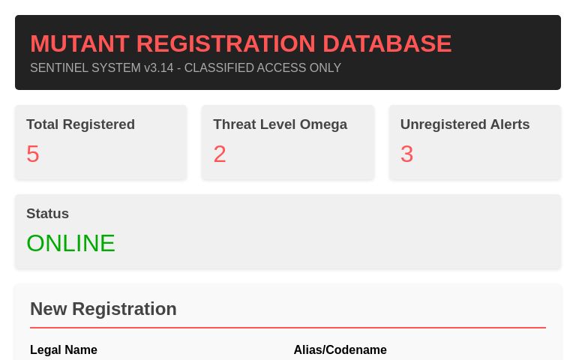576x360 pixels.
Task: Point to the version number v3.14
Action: coord(158,68)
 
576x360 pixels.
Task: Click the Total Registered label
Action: coord(80,124)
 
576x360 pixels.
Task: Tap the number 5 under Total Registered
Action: coord(33,154)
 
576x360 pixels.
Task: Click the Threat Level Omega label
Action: coord(280,124)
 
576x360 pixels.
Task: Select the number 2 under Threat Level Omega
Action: coord(220,154)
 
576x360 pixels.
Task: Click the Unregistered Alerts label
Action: coord(464,124)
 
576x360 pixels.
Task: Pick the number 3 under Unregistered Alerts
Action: coord(406,154)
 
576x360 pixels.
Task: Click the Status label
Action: coord(47,214)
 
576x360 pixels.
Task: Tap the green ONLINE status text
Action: coord(70,243)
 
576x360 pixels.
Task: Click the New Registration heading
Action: coord(103,309)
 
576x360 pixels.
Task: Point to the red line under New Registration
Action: coord(288,328)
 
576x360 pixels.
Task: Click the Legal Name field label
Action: coord(64,350)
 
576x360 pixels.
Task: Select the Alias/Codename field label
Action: coord(340,350)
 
